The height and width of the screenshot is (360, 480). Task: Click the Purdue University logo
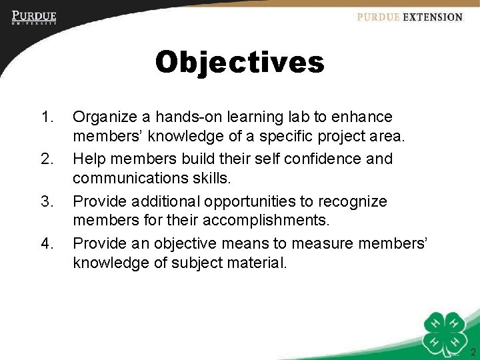click(x=34, y=17)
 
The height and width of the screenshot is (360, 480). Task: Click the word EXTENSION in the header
click(x=433, y=17)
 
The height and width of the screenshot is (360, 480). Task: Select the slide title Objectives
click(x=239, y=63)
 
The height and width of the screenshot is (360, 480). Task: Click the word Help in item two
click(x=87, y=159)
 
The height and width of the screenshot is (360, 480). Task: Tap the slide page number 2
click(x=473, y=352)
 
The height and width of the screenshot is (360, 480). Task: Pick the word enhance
click(x=362, y=117)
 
